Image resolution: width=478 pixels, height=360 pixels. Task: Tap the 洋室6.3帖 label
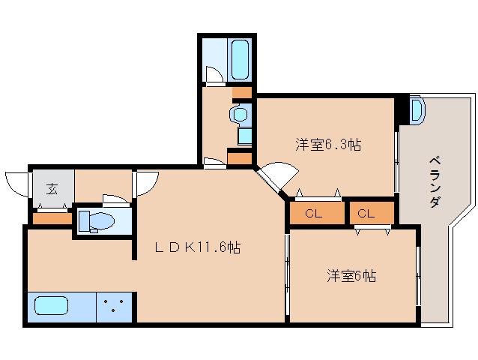click(x=327, y=144)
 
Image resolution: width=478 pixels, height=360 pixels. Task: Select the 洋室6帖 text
click(x=350, y=276)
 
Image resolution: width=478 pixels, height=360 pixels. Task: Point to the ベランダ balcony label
click(x=434, y=181)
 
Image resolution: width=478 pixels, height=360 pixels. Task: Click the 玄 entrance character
click(x=52, y=188)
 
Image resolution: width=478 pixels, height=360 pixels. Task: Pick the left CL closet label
click(x=314, y=214)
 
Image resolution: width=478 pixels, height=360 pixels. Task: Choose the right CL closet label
click(x=366, y=214)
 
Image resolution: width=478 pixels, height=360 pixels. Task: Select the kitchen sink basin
click(x=51, y=307)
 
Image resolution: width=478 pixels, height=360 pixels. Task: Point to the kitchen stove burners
click(x=114, y=307)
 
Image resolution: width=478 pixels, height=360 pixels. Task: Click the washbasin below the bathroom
click(x=240, y=115)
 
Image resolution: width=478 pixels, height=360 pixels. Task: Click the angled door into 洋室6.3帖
click(x=274, y=178)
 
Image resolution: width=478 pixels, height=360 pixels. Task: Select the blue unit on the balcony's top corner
click(x=417, y=110)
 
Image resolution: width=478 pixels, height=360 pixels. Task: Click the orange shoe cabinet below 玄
click(x=51, y=218)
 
